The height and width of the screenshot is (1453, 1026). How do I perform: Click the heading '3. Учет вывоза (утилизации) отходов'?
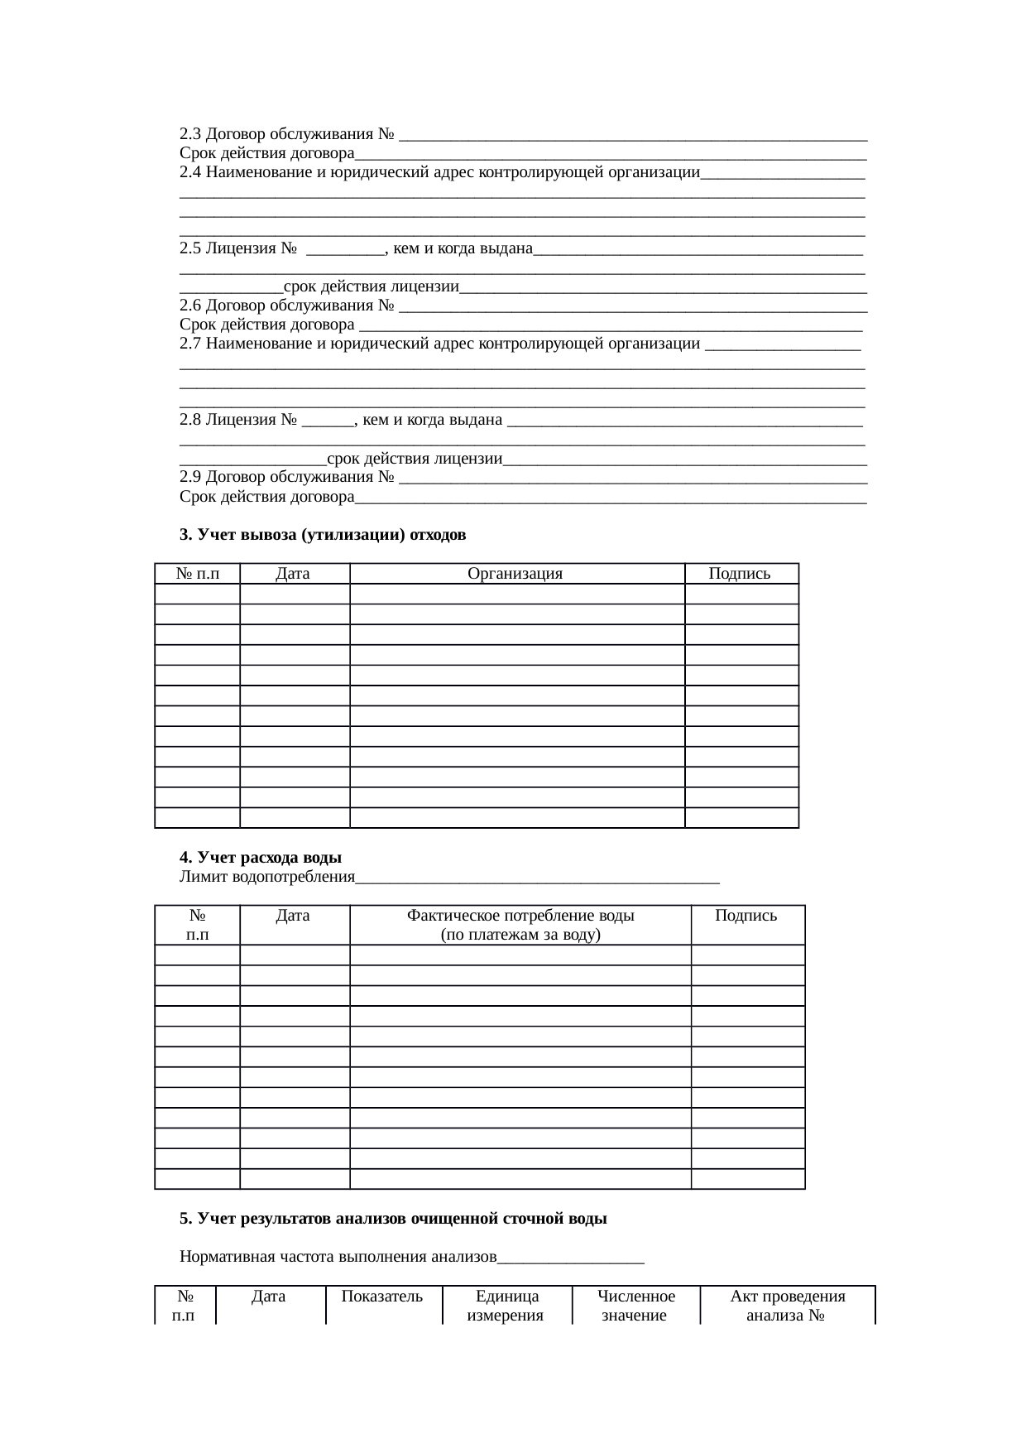point(323,535)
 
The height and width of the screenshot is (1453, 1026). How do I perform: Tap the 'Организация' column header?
point(515,574)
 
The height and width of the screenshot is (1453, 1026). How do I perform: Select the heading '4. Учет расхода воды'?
point(261,858)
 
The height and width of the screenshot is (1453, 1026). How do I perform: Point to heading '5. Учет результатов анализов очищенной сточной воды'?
point(393,1219)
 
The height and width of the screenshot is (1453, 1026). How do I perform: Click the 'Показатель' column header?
point(382,1297)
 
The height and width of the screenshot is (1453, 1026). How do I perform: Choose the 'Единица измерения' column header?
point(506,1306)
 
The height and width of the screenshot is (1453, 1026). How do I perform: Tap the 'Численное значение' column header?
point(635,1306)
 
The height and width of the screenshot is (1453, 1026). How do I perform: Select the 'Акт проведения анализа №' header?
point(787,1306)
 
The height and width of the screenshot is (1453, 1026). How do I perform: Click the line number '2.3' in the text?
point(190,134)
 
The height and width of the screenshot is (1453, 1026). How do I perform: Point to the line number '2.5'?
point(190,248)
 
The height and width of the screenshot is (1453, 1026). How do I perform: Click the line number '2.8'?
point(190,420)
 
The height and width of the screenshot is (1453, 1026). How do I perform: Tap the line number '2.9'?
point(190,477)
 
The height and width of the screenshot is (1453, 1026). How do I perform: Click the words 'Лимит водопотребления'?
point(266,877)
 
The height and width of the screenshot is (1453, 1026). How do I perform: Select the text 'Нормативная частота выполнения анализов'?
point(338,1257)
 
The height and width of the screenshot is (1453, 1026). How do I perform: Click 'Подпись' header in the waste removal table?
point(740,574)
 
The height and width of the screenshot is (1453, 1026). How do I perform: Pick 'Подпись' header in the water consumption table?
point(746,916)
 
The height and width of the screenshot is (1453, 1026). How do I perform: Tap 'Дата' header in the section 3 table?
point(293,574)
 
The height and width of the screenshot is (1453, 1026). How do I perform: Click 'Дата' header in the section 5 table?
point(269,1297)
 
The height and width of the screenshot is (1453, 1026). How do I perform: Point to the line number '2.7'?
point(190,344)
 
